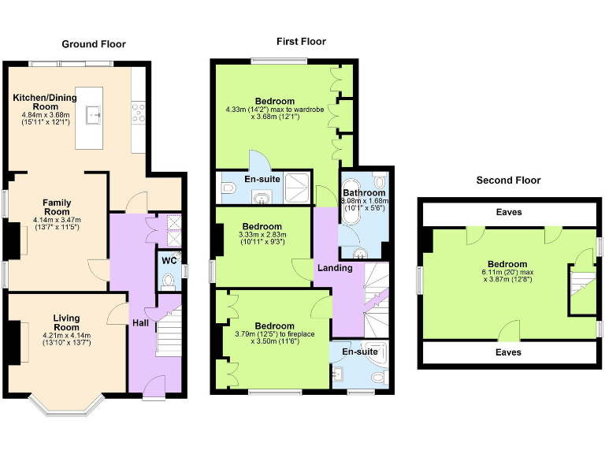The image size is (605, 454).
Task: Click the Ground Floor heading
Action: pos(94,44)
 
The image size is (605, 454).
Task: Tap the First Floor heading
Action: pos(301,42)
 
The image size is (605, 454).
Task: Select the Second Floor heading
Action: pos(508,180)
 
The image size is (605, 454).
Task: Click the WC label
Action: pos(169,261)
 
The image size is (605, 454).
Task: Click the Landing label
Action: pos(334,269)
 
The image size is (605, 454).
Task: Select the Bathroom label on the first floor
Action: pos(364,193)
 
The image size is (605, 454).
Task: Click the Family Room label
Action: pos(57,207)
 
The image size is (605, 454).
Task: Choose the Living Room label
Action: pos(66,322)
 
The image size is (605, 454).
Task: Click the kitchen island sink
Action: pos(95,115)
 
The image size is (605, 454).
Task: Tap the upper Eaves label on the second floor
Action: pos(508,212)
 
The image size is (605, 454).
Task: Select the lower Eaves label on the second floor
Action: pos(508,352)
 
